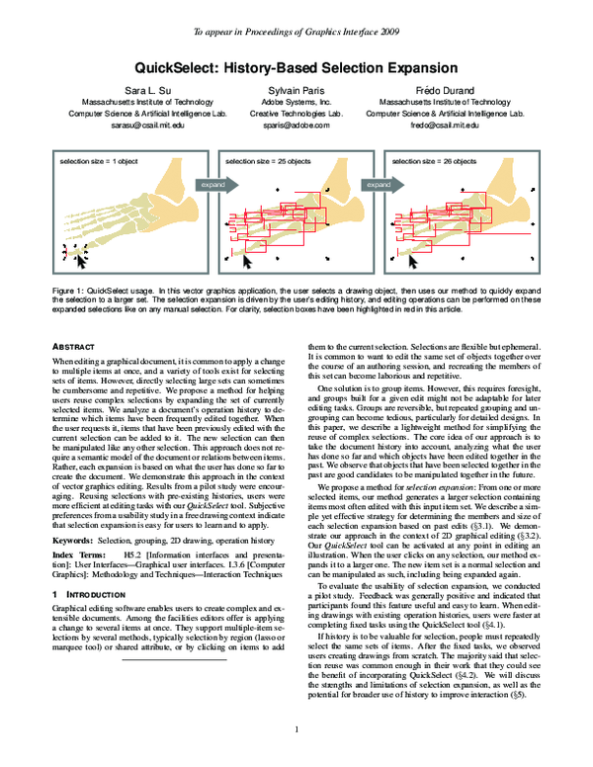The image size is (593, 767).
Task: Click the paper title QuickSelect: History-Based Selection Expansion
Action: [x=296, y=69]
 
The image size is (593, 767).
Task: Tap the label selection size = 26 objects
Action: [x=435, y=159]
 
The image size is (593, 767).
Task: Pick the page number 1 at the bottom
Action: [x=296, y=730]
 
